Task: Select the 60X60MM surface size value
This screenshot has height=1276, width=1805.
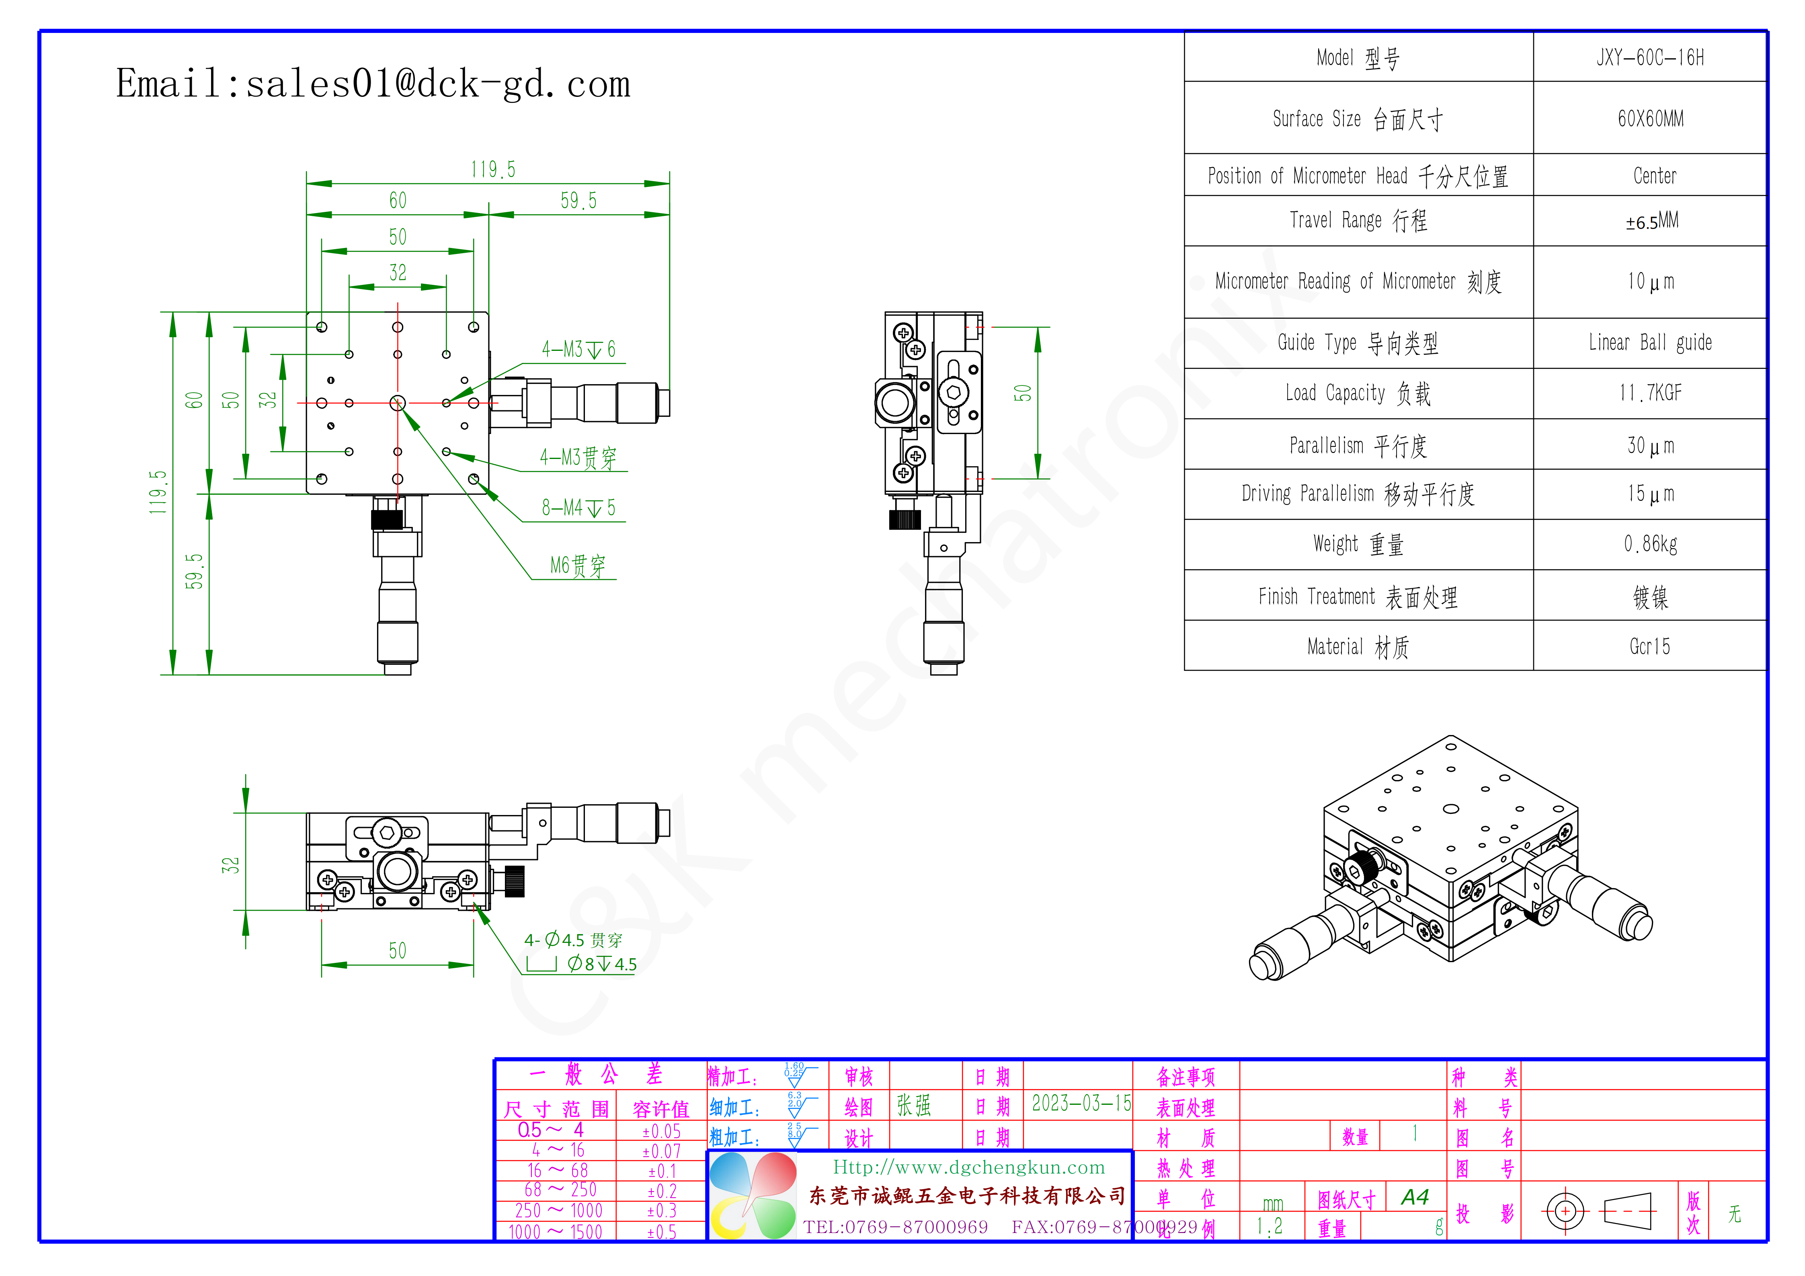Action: click(x=1650, y=119)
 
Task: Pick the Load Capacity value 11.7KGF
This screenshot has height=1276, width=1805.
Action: click(x=1650, y=393)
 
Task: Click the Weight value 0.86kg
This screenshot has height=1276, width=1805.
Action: click(x=1650, y=544)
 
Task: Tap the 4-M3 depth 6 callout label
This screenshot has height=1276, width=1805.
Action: click(x=578, y=350)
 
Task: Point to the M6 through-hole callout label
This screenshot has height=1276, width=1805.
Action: click(x=578, y=566)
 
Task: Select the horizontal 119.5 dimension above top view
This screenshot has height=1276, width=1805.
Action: click(x=493, y=170)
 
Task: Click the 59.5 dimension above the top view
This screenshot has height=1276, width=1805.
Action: click(x=578, y=201)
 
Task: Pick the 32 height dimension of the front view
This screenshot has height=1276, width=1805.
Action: click(x=230, y=865)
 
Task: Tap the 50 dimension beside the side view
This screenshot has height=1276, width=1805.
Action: click(x=1022, y=393)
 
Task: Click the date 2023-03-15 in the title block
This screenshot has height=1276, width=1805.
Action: click(x=1081, y=1104)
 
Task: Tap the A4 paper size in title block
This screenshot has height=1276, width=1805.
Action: click(x=1414, y=1197)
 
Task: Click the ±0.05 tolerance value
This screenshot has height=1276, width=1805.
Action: click(x=661, y=1131)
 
